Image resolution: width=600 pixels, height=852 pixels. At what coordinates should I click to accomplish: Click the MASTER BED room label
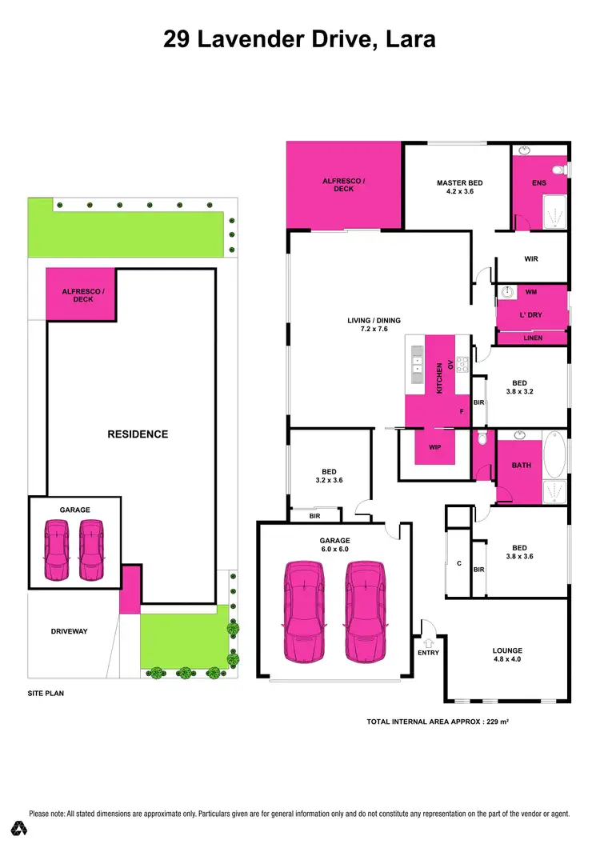pyautogui.click(x=459, y=183)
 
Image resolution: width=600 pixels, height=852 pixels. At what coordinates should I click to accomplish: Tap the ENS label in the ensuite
pyautogui.click(x=538, y=183)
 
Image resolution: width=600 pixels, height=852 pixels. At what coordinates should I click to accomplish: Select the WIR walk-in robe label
pyautogui.click(x=531, y=259)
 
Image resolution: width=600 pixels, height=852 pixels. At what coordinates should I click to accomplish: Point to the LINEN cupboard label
pyautogui.click(x=533, y=338)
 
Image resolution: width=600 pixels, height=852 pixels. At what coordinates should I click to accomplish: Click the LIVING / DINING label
pyautogui.click(x=374, y=321)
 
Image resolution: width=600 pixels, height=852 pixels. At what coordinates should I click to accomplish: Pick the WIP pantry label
pyautogui.click(x=435, y=446)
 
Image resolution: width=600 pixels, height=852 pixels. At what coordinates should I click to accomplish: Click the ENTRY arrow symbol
pyautogui.click(x=428, y=641)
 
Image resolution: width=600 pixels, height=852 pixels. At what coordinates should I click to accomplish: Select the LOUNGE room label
pyautogui.click(x=507, y=650)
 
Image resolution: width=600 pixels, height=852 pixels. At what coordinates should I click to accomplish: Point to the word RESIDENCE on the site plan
pyautogui.click(x=138, y=434)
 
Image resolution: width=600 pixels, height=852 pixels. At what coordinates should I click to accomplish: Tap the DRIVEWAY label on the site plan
pyautogui.click(x=69, y=631)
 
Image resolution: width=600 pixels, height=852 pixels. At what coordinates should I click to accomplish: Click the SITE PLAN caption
pyautogui.click(x=46, y=694)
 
